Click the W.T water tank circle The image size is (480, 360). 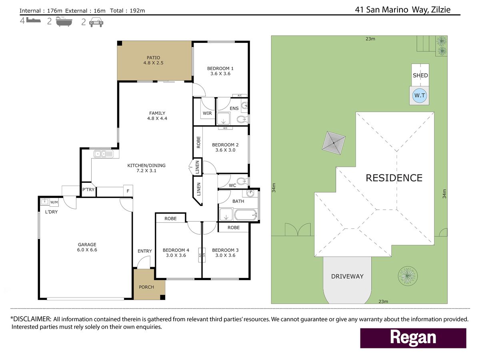click(x=420, y=96)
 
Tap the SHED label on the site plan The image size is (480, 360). click(x=420, y=76)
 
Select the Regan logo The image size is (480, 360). click(x=413, y=338)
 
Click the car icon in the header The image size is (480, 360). click(x=96, y=22)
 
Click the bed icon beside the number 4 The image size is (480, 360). click(x=34, y=20)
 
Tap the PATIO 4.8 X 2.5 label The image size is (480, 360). click(x=153, y=60)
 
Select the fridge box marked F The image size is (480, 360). click(x=128, y=191)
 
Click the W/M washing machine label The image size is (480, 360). click(x=54, y=202)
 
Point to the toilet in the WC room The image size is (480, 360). click(x=242, y=181)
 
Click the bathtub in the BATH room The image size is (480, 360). click(x=246, y=215)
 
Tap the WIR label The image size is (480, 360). click(x=207, y=113)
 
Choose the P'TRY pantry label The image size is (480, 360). click(x=88, y=190)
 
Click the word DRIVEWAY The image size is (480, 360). click(x=347, y=276)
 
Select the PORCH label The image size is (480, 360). click(x=146, y=287)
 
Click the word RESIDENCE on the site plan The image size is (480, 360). click(x=394, y=178)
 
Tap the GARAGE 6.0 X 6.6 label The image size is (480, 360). click(x=87, y=247)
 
